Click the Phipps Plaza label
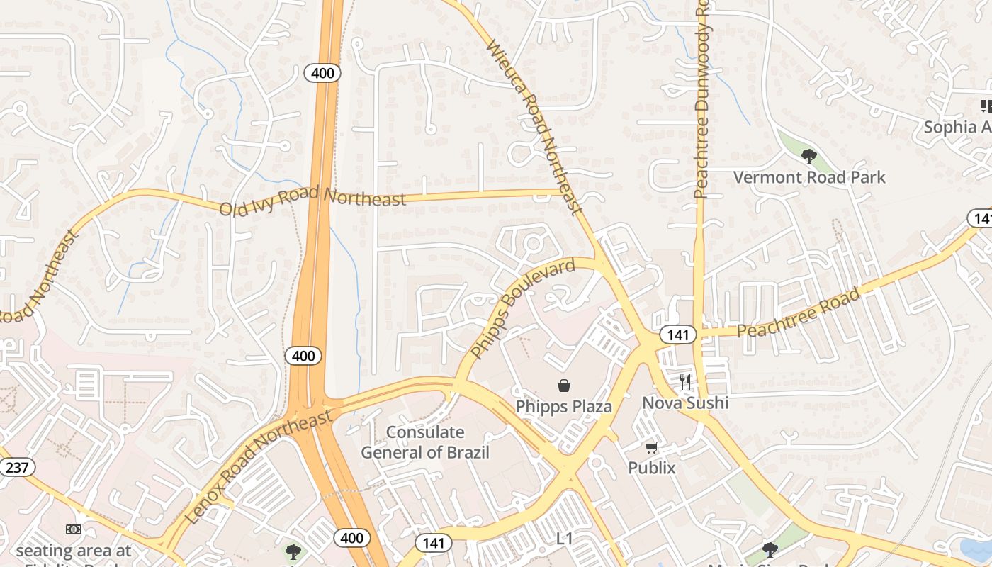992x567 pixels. (563, 407)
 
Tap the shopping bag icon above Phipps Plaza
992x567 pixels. (564, 386)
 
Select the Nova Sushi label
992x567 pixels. (684, 403)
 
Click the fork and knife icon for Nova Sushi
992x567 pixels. (684, 383)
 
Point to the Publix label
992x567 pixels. (652, 468)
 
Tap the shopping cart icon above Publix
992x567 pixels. (652, 447)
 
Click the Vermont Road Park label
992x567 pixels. (809, 177)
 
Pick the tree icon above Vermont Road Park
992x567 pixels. (808, 156)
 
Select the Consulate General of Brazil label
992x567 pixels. (425, 442)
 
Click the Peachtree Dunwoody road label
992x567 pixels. (701, 99)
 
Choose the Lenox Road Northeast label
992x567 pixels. (259, 467)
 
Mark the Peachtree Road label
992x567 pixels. (799, 313)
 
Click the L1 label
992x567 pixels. (564, 539)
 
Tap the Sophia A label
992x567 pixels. (957, 128)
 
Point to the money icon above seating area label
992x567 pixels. (74, 529)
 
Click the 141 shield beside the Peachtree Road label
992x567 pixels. (678, 335)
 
